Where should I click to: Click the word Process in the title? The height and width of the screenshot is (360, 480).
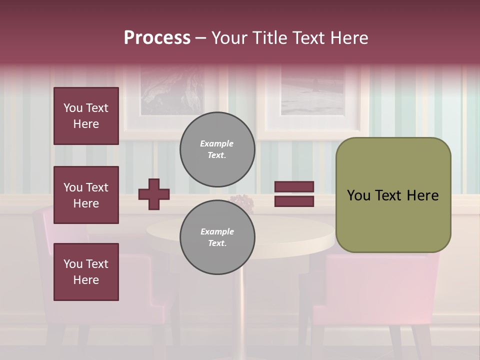click(157, 38)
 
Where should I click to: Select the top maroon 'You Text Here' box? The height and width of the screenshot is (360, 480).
click(86, 116)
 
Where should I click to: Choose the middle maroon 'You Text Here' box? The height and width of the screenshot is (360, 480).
click(86, 195)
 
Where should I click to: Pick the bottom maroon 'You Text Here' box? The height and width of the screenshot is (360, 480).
click(86, 272)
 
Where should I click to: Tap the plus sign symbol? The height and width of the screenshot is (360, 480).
click(154, 194)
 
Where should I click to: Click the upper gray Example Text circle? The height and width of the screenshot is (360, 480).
click(217, 149)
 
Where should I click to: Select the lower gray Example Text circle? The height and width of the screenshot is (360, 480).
click(217, 237)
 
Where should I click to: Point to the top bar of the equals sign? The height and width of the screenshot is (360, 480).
click(294, 187)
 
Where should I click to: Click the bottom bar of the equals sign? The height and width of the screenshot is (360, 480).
click(294, 201)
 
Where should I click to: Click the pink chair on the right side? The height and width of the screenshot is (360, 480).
click(380, 295)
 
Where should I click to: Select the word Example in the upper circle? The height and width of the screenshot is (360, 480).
click(217, 143)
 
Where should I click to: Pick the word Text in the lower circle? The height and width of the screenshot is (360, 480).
click(216, 243)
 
